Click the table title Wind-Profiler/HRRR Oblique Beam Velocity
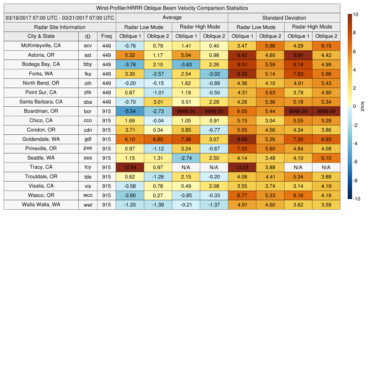click(x=172, y=8)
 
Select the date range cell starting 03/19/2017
click(x=60, y=18)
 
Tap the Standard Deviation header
click(x=284, y=18)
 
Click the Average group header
click(x=172, y=18)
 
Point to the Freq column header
click(x=106, y=36)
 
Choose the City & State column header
click(x=41, y=36)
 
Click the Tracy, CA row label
click(x=41, y=167)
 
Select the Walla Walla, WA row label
click(x=41, y=205)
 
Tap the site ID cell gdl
click(x=88, y=139)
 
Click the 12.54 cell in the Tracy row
click(x=130, y=167)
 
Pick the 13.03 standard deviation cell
click(x=242, y=167)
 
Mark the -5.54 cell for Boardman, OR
click(x=130, y=111)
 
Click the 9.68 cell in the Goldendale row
click(x=242, y=139)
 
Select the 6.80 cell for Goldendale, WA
click(x=158, y=139)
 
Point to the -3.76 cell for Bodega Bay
click(x=130, y=64)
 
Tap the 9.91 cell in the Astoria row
click(x=298, y=55)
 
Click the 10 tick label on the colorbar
click(x=356, y=14)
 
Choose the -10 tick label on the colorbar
click(x=357, y=199)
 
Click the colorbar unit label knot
click(x=362, y=106)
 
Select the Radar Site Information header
click(x=60, y=27)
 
